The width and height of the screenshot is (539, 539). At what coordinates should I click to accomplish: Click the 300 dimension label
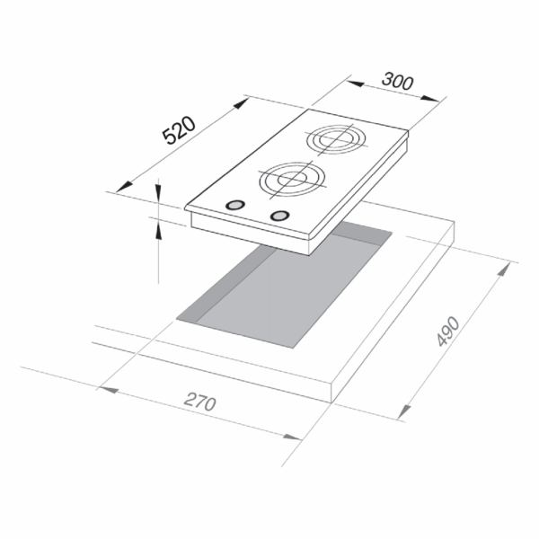[397, 81]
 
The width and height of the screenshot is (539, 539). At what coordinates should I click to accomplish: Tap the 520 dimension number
[179, 130]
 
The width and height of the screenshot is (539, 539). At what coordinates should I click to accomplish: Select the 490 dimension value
[448, 331]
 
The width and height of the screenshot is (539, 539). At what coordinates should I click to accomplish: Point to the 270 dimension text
[200, 402]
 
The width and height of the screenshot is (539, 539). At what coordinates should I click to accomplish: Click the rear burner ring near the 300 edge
[336, 139]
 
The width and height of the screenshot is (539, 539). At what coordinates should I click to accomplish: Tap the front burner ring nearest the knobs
[292, 180]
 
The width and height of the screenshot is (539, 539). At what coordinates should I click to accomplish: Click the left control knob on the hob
[235, 205]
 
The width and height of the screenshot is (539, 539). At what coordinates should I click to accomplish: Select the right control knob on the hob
[279, 216]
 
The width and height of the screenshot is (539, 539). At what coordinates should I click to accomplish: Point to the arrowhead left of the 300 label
[355, 84]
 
